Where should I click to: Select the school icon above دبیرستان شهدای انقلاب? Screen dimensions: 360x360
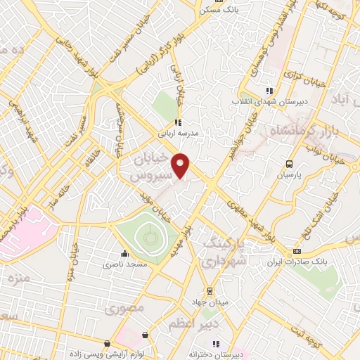[x=268, y=90]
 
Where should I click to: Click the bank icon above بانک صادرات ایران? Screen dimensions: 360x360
[x=297, y=251]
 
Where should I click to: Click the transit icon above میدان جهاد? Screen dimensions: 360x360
[x=210, y=290]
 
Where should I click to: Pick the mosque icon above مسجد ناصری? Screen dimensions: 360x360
[x=125, y=254]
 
